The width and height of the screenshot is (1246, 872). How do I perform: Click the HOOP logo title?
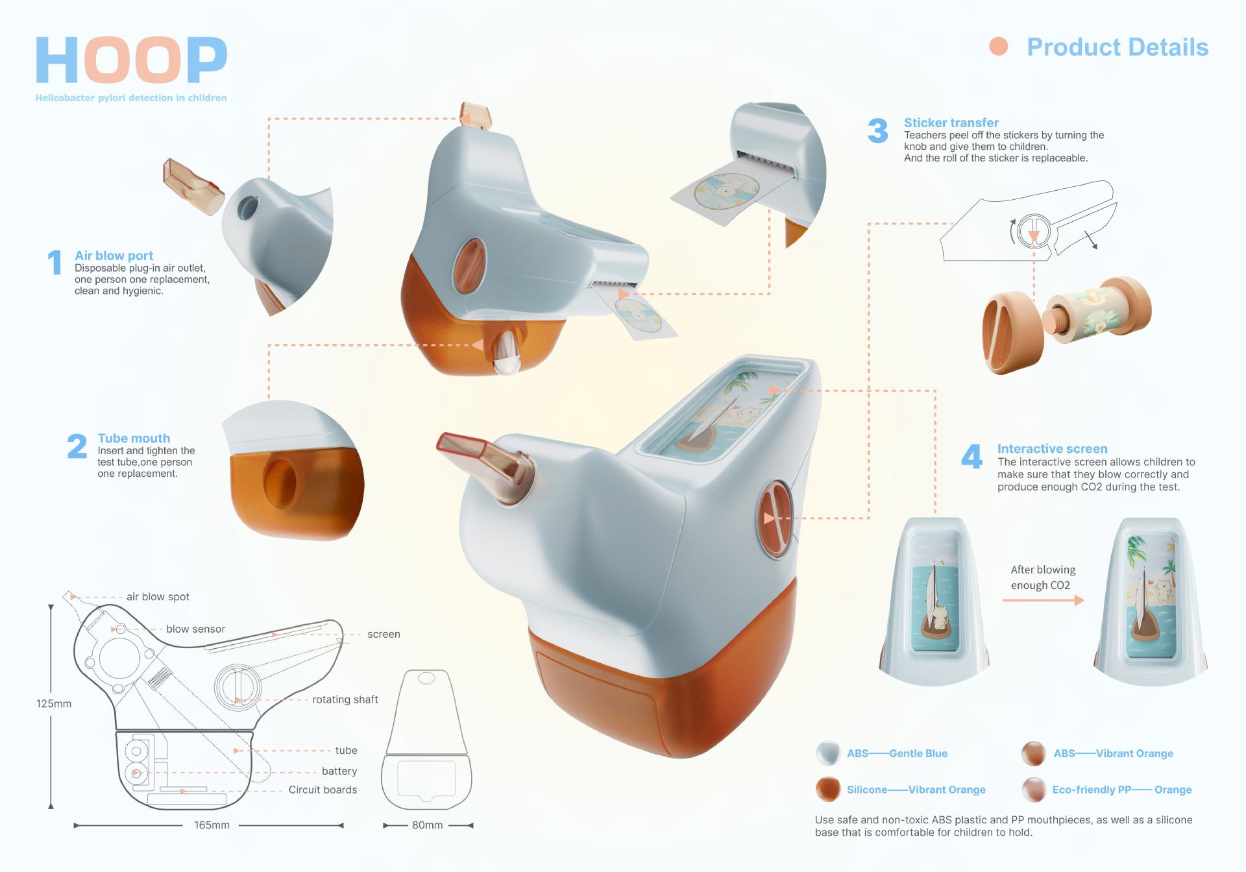point(131,60)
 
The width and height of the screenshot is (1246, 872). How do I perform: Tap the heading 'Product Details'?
point(1118,47)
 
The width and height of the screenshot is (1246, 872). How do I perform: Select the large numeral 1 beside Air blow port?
point(55,263)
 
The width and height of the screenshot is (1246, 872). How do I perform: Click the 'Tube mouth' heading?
point(134,439)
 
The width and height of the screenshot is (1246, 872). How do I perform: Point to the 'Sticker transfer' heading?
point(951,123)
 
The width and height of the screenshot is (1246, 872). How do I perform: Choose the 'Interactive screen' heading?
point(1052,449)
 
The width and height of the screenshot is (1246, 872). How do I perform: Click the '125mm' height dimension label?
point(54,704)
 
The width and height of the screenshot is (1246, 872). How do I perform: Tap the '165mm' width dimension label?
point(212,825)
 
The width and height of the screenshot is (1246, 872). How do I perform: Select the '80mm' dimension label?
point(427,825)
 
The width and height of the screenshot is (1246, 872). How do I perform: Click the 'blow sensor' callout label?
point(195,629)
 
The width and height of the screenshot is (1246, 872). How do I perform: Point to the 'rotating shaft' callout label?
point(345,699)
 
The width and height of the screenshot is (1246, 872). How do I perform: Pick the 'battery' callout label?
point(339,771)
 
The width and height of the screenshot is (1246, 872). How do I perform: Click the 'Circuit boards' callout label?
point(323,790)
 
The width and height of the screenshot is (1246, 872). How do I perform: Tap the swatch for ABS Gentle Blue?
point(828,753)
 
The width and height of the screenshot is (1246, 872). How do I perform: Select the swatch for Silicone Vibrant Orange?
point(828,790)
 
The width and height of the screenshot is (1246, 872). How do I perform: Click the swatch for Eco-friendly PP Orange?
point(1034,790)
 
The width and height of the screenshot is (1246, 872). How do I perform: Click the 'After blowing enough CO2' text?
point(1042,577)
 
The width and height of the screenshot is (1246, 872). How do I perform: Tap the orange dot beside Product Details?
point(998,47)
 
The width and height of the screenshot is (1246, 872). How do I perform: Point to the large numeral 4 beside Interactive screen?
point(971,457)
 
